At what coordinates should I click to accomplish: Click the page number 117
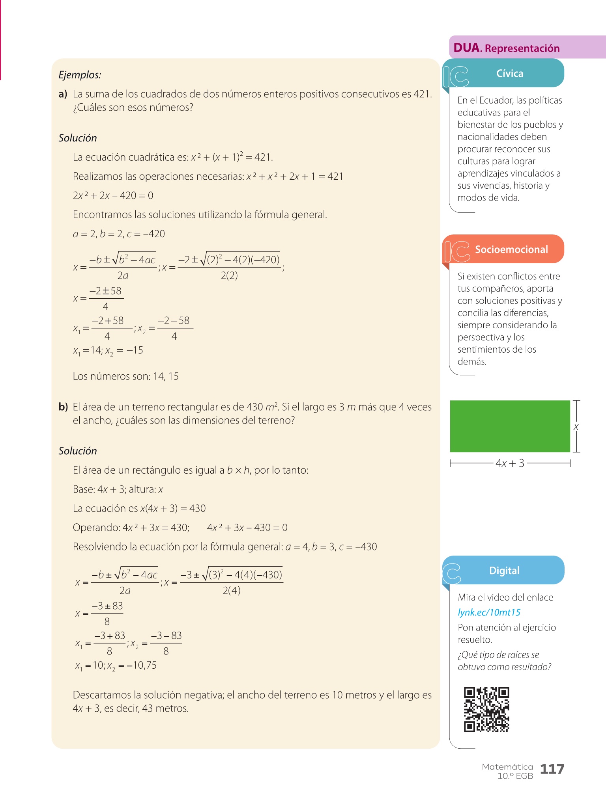[x=552, y=769]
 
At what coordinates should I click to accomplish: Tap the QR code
[x=486, y=709]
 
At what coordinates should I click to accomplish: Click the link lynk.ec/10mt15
[x=489, y=612]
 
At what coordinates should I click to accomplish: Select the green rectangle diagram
[x=510, y=426]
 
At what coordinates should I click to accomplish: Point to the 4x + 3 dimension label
[x=510, y=463]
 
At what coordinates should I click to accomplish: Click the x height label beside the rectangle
[x=576, y=427]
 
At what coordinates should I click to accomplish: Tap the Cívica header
[x=510, y=74]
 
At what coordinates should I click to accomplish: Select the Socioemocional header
[x=511, y=249]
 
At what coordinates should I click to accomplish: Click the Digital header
[x=504, y=571]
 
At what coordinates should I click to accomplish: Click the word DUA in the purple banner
[x=467, y=48]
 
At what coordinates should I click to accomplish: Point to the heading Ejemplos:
[x=80, y=75]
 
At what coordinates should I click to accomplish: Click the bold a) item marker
[x=63, y=94]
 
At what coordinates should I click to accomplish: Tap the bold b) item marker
[x=63, y=407]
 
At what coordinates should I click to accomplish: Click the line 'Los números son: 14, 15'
[x=125, y=376]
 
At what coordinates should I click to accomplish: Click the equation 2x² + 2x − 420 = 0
[x=113, y=195]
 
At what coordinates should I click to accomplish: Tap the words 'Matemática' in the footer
[x=507, y=767]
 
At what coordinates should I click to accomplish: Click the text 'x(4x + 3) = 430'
[x=173, y=508]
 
